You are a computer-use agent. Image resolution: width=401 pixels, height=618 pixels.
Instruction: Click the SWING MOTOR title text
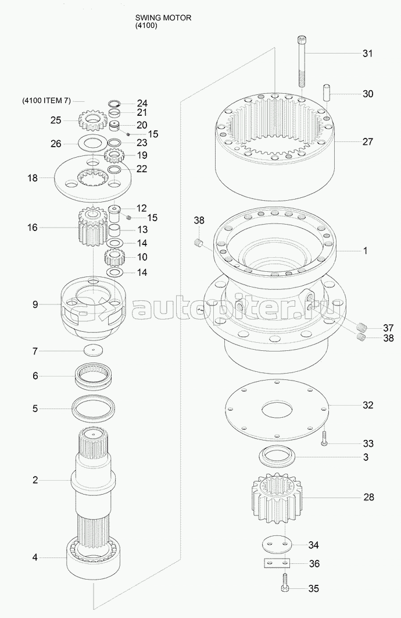click(163, 18)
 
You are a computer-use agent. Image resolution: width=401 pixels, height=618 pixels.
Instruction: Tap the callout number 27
click(367, 141)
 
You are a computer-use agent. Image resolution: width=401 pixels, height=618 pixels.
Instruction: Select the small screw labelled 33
click(324, 438)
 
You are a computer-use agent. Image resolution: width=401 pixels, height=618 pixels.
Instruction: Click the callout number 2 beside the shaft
click(35, 480)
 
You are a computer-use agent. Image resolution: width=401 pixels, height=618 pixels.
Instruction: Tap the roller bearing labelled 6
click(94, 376)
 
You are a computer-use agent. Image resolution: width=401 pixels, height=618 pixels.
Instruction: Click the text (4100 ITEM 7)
click(46, 101)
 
